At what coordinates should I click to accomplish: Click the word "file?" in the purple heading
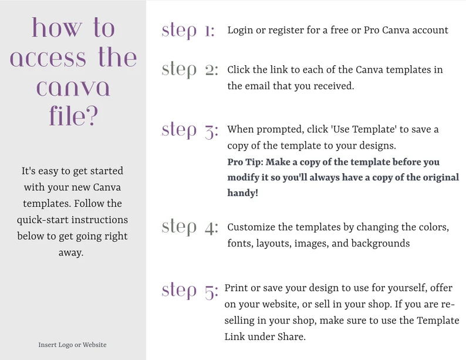pos(73,116)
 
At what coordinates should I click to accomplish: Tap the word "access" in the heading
pos(48,58)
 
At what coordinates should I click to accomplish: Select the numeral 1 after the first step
pos(209,31)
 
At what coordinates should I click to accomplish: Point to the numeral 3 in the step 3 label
pos(211,131)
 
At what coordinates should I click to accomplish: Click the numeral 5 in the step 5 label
pos(211,292)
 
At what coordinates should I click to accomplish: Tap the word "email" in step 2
pos(257,86)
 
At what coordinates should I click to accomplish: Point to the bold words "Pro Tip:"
pos(245,162)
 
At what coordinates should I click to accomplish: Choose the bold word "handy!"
pos(243,193)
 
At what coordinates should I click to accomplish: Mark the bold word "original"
pos(441,177)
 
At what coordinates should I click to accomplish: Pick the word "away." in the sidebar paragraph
pos(71,253)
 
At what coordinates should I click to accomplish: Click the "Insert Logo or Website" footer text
pos(72,345)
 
